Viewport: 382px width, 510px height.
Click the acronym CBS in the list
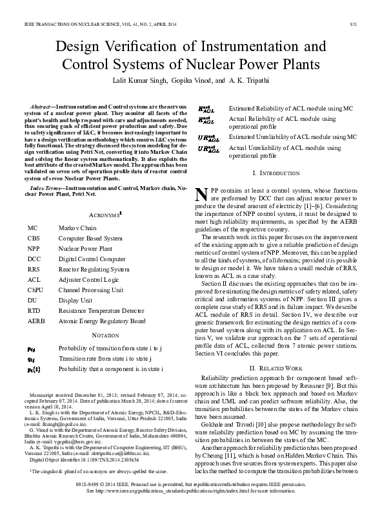click(x=34, y=238)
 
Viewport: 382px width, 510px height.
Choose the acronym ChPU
click(x=36, y=290)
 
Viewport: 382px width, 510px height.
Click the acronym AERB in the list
click(x=36, y=321)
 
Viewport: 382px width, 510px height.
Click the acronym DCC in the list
click(x=34, y=259)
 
